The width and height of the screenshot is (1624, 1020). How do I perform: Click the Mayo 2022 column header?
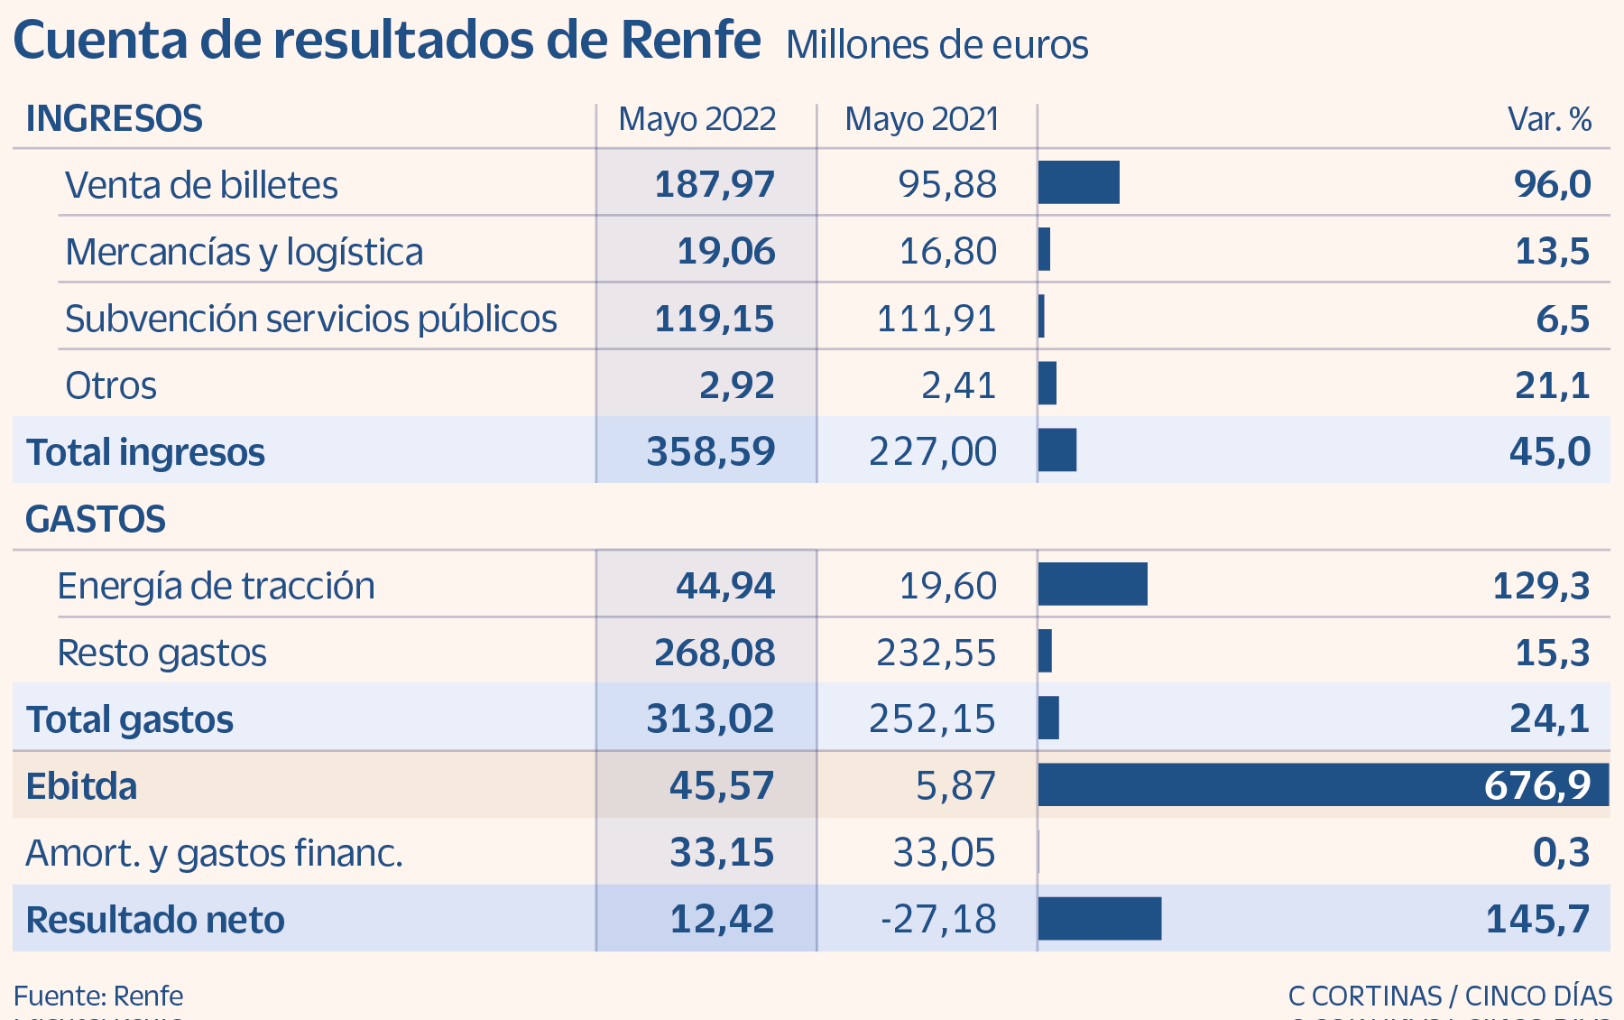coord(697,119)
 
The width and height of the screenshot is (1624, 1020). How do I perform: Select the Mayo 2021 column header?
coord(921,119)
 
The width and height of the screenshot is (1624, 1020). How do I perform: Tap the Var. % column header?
coord(1549,119)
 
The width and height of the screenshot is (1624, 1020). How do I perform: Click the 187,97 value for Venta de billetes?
coord(714,184)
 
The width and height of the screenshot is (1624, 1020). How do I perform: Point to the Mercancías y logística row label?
coord(244,252)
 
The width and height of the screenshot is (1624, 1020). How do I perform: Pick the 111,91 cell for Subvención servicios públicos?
coord(936,319)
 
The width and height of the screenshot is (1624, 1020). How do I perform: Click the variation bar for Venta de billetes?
coord(1078,182)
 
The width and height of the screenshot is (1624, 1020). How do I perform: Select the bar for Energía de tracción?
coord(1093,584)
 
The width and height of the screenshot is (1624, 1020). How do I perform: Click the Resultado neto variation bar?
coord(1099,919)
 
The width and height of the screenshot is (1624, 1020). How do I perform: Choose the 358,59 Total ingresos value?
coord(710,451)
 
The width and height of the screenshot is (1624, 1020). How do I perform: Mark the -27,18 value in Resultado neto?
coord(938,919)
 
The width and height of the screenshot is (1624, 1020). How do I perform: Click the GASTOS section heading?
coord(96,519)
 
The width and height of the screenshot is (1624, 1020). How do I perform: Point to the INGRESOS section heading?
coord(115,119)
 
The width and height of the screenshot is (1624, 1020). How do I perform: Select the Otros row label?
coord(111,385)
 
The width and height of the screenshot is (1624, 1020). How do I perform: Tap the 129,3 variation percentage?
coord(1540,586)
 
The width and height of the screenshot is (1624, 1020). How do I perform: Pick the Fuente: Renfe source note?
coord(98,996)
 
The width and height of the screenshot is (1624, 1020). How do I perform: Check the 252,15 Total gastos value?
coord(932,719)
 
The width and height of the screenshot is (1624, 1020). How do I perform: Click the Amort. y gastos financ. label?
coord(214,853)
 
